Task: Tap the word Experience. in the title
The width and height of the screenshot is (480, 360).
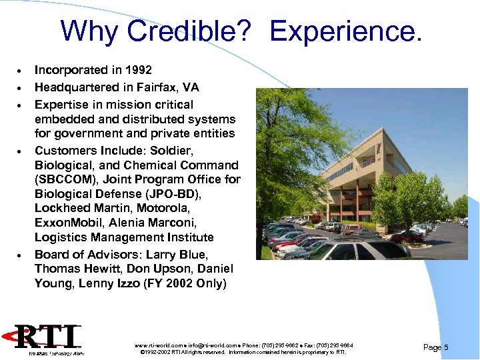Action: pos(346,31)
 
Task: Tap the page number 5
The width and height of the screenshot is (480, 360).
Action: pos(446,347)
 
